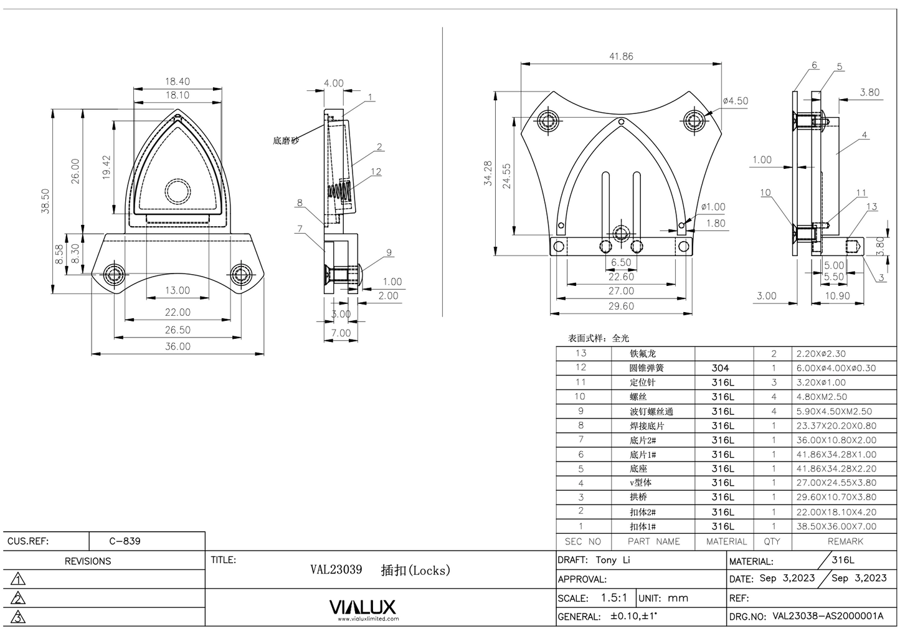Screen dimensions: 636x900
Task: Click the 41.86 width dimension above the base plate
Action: coord(620,57)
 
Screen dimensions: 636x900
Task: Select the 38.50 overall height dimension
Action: coord(45,201)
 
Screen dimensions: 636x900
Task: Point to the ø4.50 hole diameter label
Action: coord(735,101)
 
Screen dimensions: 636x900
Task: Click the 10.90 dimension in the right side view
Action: coord(836,296)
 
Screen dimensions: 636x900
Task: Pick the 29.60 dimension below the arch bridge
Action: coord(620,306)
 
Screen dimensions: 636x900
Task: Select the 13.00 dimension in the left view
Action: coord(178,290)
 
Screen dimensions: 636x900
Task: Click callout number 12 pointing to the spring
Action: coord(376,172)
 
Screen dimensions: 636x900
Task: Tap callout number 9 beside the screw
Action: coord(389,252)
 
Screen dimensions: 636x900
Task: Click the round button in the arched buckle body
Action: coord(177,192)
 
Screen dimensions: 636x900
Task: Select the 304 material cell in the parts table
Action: coord(721,368)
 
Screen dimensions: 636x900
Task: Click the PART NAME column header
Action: coord(653,542)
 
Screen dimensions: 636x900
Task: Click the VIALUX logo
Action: coord(362,607)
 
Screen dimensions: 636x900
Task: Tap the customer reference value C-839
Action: coord(125,541)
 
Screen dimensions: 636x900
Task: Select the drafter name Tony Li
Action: coord(612,560)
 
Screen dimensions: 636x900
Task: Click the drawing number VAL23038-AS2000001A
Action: coord(828,616)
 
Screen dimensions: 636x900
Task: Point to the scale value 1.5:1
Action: coord(613,598)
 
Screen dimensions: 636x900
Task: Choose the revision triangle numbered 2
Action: coord(19,599)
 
